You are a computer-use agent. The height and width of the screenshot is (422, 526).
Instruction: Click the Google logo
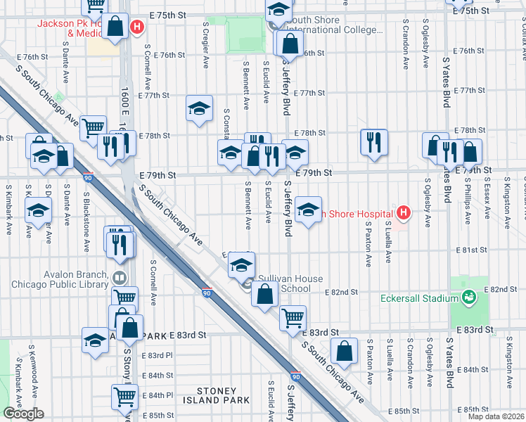(x=23, y=414)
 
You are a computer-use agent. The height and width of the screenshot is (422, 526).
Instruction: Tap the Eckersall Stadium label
(x=414, y=298)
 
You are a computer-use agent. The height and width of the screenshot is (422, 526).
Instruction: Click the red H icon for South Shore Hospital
(x=403, y=212)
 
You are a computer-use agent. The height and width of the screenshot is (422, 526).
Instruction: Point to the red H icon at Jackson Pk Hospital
(x=137, y=27)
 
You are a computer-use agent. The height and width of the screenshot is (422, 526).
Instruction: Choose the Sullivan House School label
(x=285, y=283)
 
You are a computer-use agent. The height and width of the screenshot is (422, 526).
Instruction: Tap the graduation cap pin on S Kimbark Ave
(x=38, y=210)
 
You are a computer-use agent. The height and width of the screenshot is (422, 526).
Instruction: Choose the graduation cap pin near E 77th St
(x=199, y=108)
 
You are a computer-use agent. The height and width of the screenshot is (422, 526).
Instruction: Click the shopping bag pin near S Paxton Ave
(x=344, y=352)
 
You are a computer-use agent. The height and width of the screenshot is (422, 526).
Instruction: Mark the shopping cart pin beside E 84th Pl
(x=125, y=396)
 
